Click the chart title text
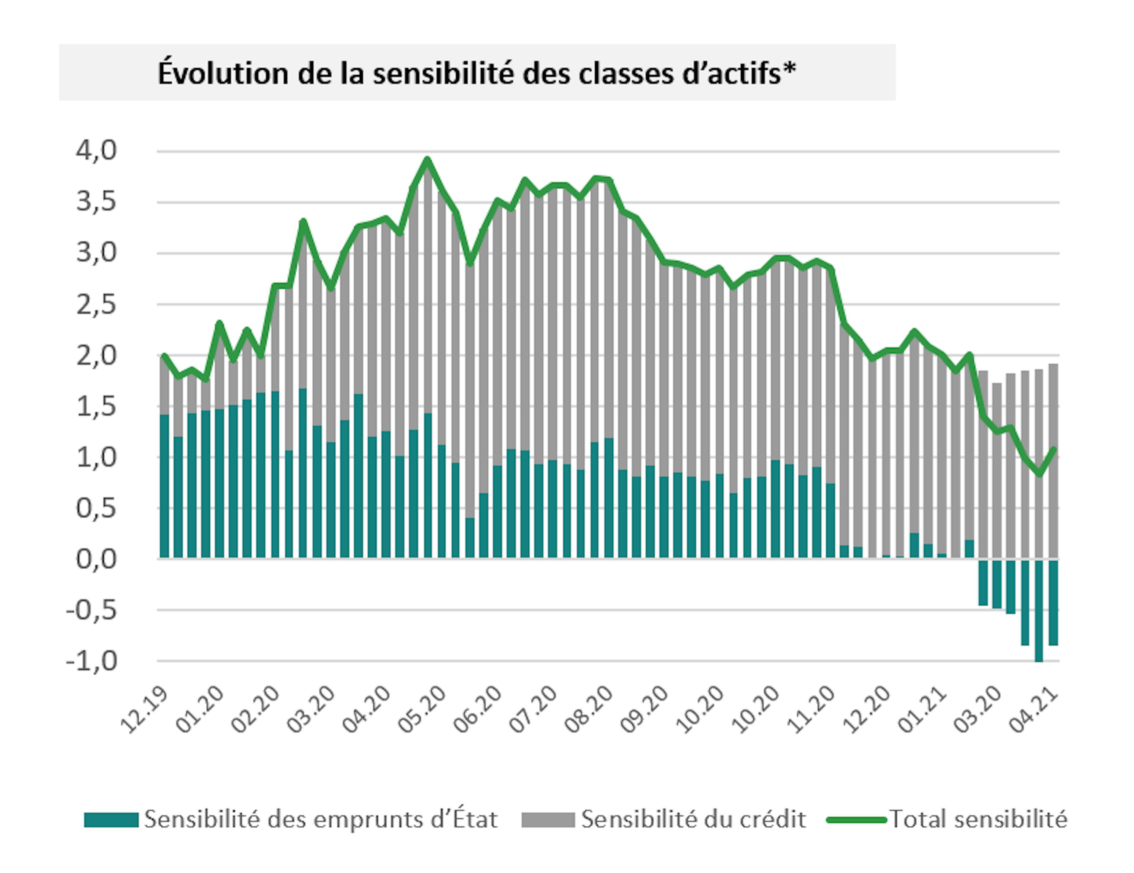point(477,73)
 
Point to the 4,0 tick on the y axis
point(97,151)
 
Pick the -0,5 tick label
point(91,611)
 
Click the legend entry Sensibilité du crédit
point(693,819)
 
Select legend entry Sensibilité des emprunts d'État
point(320,819)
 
